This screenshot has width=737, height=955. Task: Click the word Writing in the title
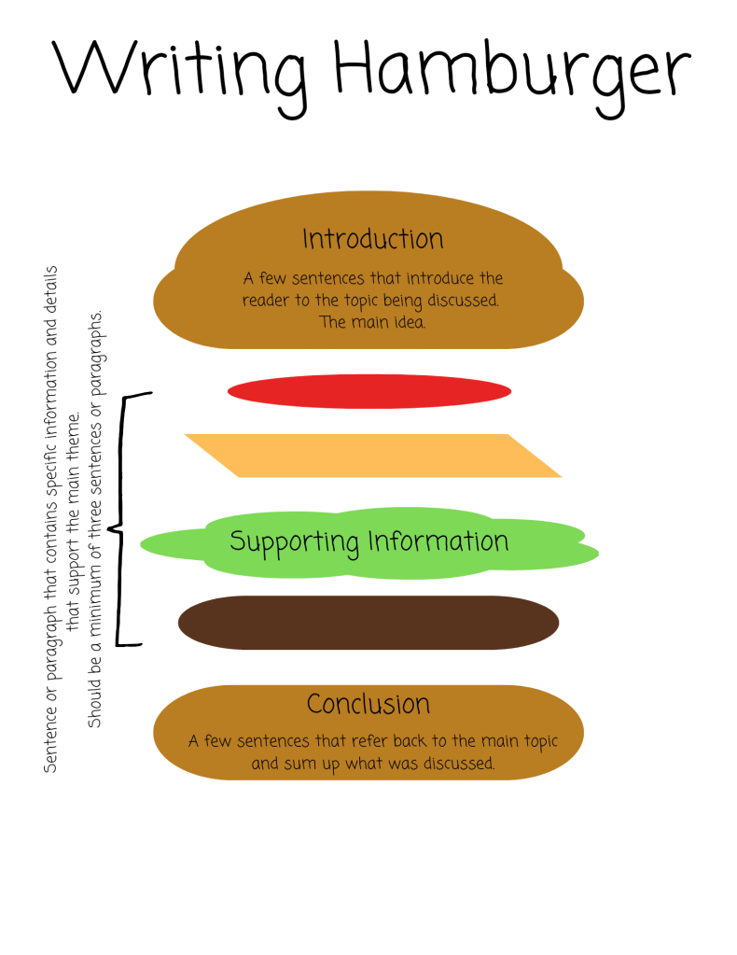pyautogui.click(x=176, y=70)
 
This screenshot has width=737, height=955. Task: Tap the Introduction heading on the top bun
pyautogui.click(x=372, y=239)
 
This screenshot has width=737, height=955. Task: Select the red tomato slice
pyautogui.click(x=368, y=392)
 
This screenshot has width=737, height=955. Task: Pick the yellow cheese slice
pyautogui.click(x=373, y=456)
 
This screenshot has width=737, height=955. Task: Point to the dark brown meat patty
pyautogui.click(x=368, y=623)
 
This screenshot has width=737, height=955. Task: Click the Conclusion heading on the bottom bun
pyautogui.click(x=368, y=704)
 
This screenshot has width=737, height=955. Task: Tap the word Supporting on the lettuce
pyautogui.click(x=294, y=542)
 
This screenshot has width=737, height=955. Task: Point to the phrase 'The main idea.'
pyautogui.click(x=372, y=322)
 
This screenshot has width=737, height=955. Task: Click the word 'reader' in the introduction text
pyautogui.click(x=264, y=301)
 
